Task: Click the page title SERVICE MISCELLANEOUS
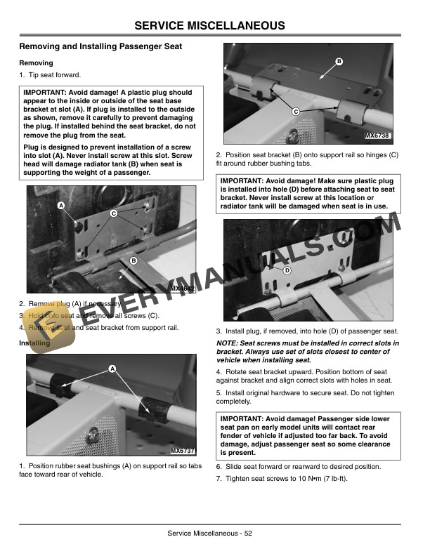(x=210, y=26)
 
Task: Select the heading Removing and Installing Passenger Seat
(x=100, y=46)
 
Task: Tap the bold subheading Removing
(x=35, y=63)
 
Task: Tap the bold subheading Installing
(x=34, y=343)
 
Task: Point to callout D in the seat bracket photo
(x=287, y=270)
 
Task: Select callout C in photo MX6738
(x=296, y=112)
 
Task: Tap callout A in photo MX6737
(x=112, y=369)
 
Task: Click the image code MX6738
(x=377, y=135)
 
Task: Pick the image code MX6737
(x=182, y=450)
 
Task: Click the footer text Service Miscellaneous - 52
(x=210, y=533)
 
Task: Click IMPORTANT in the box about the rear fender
(x=248, y=420)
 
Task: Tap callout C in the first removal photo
(x=113, y=213)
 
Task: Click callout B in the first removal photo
(x=132, y=261)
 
